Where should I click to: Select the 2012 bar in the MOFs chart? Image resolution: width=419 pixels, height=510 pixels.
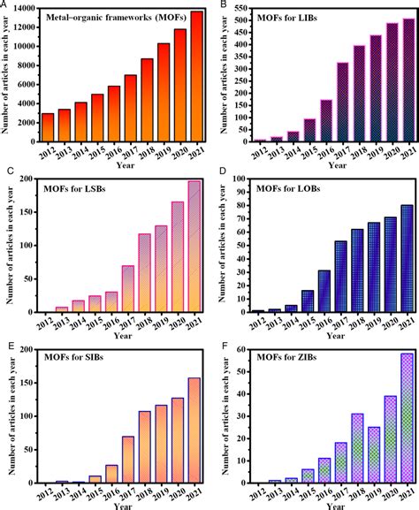(x=48, y=127)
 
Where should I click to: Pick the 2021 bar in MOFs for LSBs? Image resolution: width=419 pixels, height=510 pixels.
(x=194, y=247)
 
